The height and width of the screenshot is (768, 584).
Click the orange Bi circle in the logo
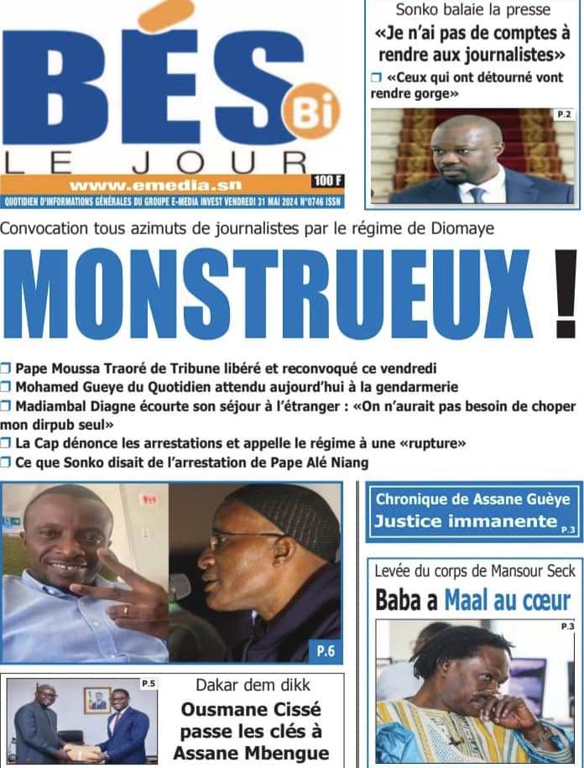[x=311, y=112]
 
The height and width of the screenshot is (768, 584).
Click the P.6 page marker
[x=326, y=648]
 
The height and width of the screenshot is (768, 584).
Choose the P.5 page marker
[x=148, y=683]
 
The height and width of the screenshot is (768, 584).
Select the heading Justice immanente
[x=466, y=521]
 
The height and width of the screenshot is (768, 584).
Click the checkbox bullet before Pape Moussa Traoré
[x=7, y=368]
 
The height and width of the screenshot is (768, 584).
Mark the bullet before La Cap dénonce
[x=7, y=442]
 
